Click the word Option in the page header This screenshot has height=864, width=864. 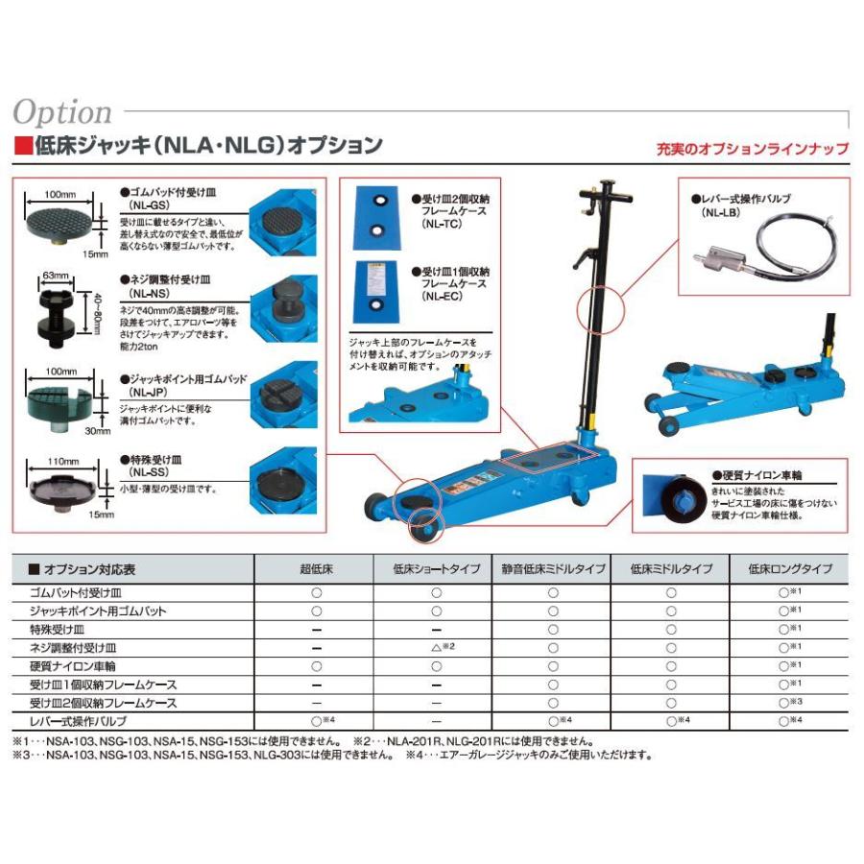click(62, 112)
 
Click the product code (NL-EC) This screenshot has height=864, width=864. click(444, 298)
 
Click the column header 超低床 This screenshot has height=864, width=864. click(316, 569)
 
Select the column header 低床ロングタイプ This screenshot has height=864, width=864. click(790, 569)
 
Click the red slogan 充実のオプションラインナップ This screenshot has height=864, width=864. click(752, 149)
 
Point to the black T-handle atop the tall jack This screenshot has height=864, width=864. click(607, 192)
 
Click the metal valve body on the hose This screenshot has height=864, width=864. click(714, 258)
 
